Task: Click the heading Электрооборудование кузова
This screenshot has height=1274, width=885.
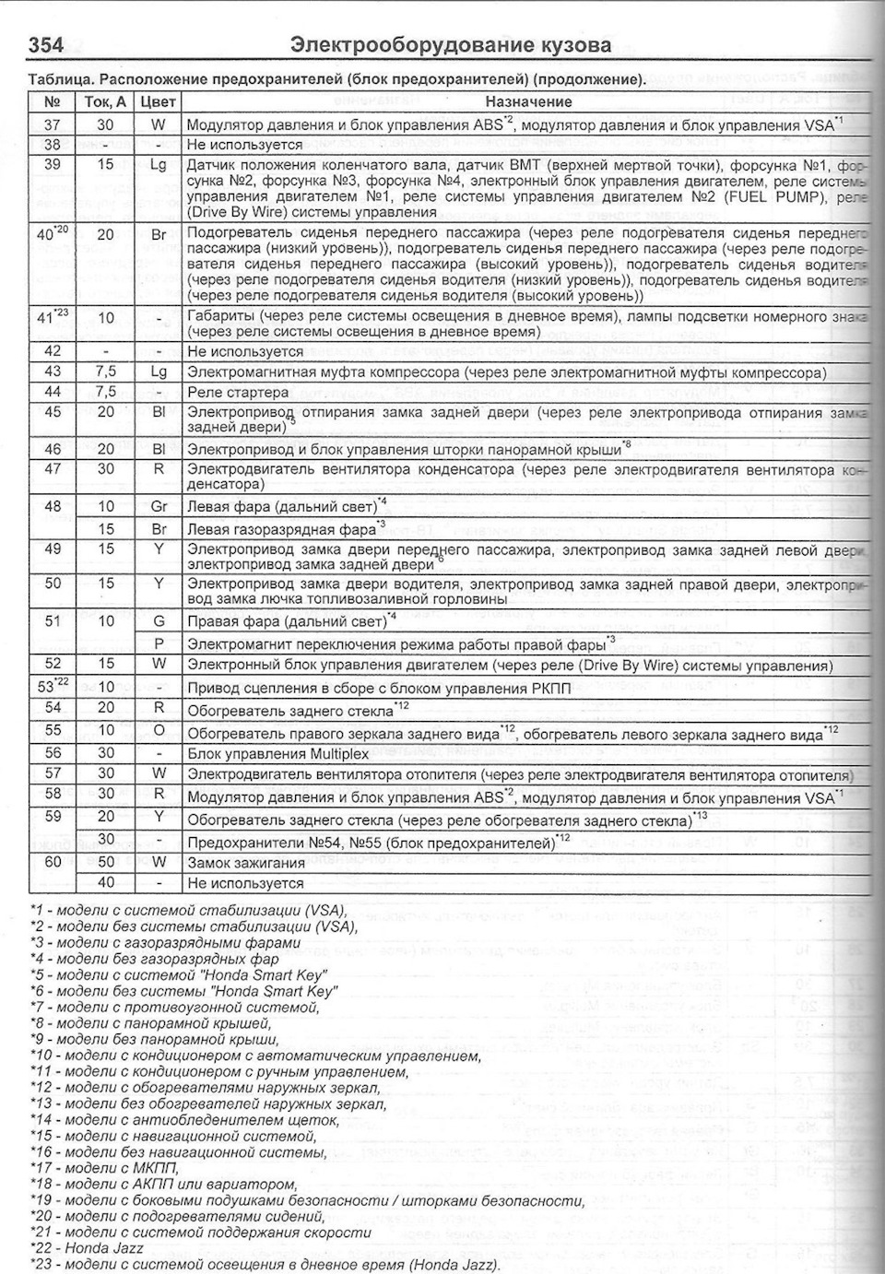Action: click(450, 45)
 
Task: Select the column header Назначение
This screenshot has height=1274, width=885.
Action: click(528, 102)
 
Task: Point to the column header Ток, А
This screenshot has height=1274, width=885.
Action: click(106, 102)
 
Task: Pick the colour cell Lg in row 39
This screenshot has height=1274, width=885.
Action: click(159, 164)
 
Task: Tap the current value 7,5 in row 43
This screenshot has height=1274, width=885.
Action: click(106, 372)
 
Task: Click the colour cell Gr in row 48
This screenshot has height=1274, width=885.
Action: click(159, 506)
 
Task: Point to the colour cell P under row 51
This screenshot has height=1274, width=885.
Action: click(159, 643)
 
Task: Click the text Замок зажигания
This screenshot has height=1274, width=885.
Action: click(245, 863)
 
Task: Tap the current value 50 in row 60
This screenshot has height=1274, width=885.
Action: click(106, 862)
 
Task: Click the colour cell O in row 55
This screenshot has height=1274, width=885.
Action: click(159, 731)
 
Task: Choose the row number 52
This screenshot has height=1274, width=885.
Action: click(53, 664)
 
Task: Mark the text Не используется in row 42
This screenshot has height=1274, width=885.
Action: click(244, 351)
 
